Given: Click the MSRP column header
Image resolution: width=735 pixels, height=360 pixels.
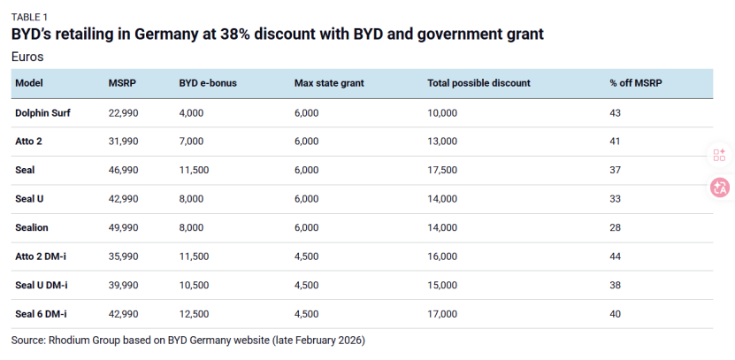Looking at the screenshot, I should tap(121, 83).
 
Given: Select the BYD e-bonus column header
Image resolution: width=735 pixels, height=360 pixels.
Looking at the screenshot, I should tap(207, 83).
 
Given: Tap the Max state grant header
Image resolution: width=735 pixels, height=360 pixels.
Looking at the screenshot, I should tap(329, 83).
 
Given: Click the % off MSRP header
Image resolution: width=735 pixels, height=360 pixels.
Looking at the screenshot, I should tap(636, 83).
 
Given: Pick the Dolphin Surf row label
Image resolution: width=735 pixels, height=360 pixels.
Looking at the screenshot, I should tap(43, 112).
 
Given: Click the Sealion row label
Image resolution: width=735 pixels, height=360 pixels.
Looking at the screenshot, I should tap(33, 227).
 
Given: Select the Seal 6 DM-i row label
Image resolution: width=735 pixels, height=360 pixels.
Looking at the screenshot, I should tap(41, 314).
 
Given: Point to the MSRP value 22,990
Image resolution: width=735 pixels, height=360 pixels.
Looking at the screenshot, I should tap(123, 112).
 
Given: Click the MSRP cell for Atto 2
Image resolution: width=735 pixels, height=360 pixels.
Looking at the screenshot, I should tap(123, 142).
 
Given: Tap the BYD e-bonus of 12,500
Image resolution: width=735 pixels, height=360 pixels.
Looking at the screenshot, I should tap(195, 314).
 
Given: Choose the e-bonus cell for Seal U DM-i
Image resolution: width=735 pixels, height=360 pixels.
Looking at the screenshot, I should tap(195, 285).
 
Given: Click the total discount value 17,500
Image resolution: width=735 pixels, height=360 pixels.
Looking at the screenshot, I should tap(442, 170).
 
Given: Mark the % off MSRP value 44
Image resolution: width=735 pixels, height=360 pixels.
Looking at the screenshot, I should tap(616, 257).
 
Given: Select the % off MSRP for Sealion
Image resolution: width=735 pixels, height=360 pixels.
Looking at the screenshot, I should tap(616, 227).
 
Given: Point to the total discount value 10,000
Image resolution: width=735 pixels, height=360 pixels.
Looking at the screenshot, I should tap(442, 112).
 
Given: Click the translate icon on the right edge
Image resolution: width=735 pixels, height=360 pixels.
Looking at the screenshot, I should tap(720, 188).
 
